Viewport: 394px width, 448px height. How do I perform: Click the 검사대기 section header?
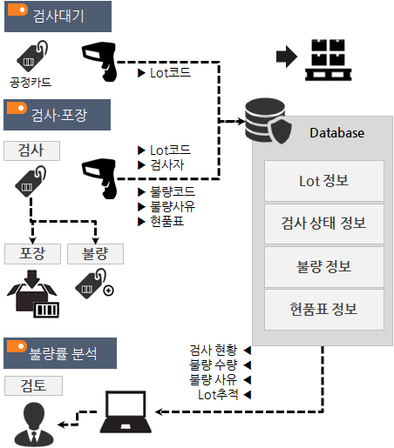click(x=58, y=17)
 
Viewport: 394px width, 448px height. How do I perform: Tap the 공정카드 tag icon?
click(x=32, y=57)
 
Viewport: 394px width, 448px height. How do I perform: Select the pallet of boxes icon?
click(x=328, y=60)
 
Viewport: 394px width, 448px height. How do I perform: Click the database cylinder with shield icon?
click(x=268, y=121)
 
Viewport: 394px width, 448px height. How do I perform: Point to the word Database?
click(x=336, y=133)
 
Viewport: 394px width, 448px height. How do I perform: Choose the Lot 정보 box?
click(x=324, y=181)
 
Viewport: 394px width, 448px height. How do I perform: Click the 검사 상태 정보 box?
click(x=324, y=224)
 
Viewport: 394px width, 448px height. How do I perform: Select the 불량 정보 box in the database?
click(x=324, y=267)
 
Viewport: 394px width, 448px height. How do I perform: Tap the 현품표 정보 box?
click(x=324, y=310)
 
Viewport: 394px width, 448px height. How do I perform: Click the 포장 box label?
click(x=32, y=254)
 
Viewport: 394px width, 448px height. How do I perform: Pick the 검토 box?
click(x=33, y=385)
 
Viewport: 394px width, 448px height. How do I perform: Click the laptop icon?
click(x=126, y=411)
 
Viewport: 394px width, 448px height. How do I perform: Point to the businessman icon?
click(x=34, y=424)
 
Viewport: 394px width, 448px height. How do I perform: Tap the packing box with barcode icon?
click(x=33, y=294)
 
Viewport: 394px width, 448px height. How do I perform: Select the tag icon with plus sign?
click(x=94, y=284)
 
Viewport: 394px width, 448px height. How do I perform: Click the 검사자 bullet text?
click(x=167, y=164)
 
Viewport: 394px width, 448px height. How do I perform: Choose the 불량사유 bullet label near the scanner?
click(x=173, y=207)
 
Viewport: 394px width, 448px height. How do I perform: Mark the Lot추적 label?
click(x=218, y=395)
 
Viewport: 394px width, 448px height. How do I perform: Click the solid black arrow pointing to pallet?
click(x=287, y=57)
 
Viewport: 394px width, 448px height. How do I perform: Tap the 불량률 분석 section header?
click(x=60, y=353)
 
